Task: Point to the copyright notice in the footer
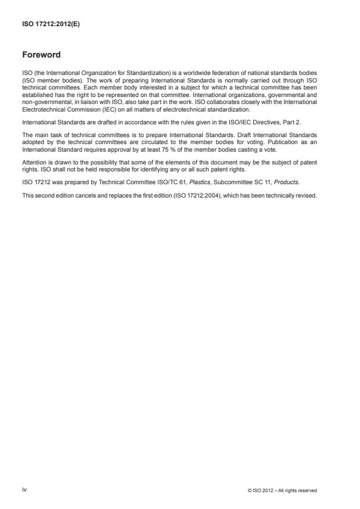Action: (282, 490)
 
